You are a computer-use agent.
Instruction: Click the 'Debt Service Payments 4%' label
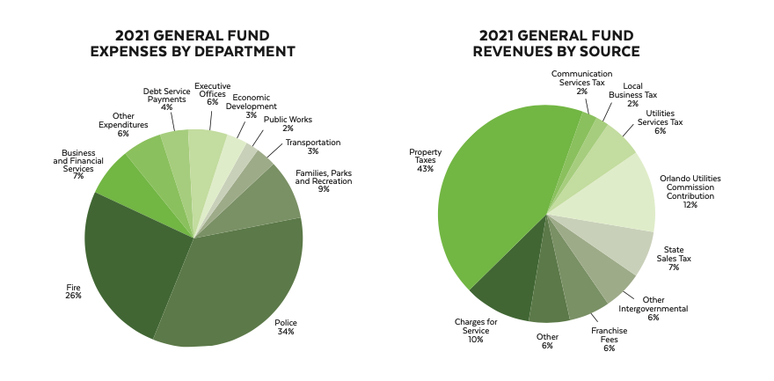pyautogui.click(x=166, y=99)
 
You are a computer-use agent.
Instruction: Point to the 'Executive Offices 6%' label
pyautogui.click(x=212, y=94)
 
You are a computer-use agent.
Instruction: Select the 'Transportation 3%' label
pyautogui.click(x=311, y=147)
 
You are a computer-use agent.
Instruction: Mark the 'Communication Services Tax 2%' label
pyautogui.click(x=581, y=82)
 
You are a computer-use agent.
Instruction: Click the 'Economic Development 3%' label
pyautogui.click(x=252, y=106)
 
